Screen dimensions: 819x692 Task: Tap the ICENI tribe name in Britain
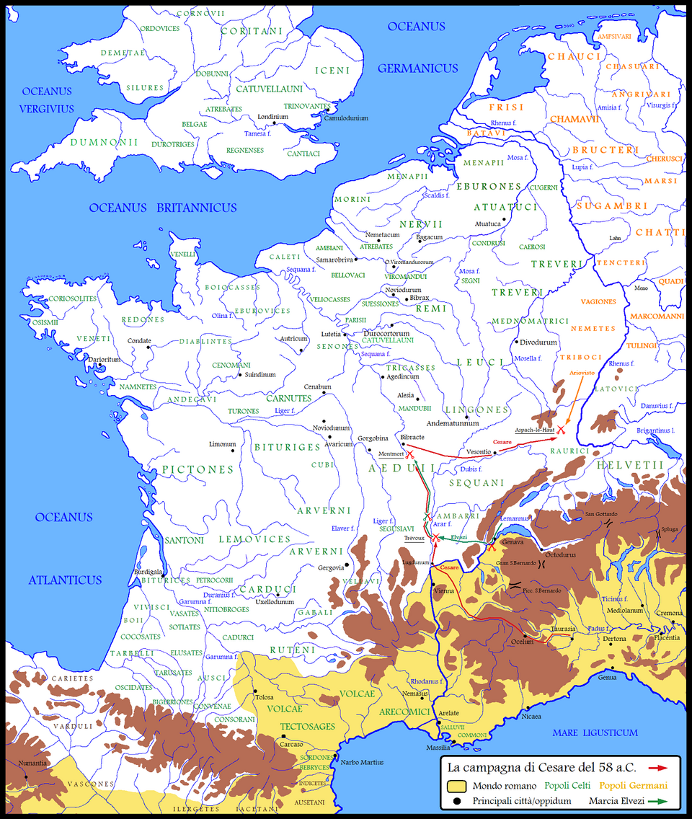coord(332,71)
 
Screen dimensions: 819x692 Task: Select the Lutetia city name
coord(332,335)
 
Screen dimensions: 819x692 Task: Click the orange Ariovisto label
coord(582,373)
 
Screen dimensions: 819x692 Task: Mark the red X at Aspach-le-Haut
coord(561,430)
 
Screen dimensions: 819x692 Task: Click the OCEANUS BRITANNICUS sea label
coord(163,208)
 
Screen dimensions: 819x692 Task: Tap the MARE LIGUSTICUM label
coord(595,732)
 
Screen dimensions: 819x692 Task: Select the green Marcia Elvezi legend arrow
coord(657,800)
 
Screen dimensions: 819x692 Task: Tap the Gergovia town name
coord(331,567)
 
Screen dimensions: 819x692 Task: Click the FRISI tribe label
coord(507,107)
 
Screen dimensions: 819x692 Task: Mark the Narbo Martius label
coord(363,762)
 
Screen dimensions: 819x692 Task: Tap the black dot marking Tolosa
coord(252,690)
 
